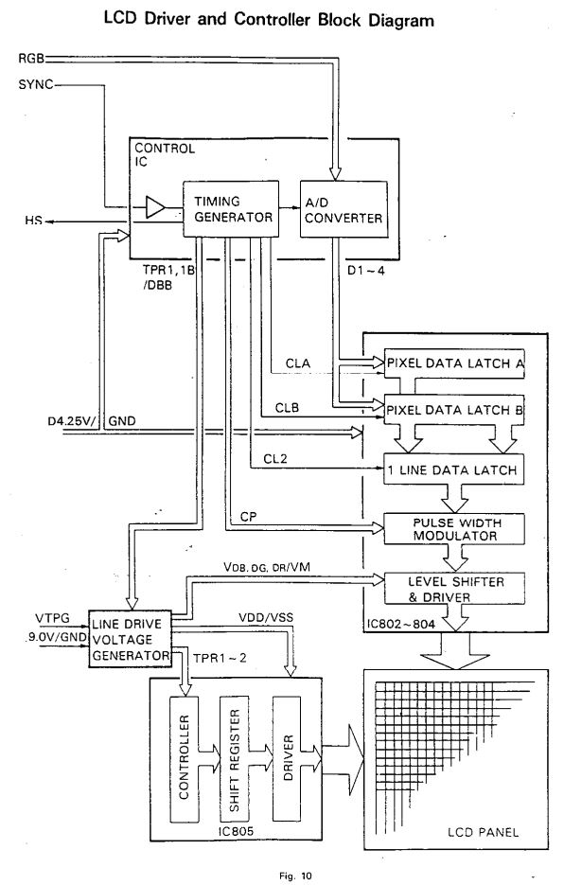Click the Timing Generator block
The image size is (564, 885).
[230, 209]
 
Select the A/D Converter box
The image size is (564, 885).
[344, 209]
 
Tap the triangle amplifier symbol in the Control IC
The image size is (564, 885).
[154, 207]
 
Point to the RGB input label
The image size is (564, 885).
[31, 58]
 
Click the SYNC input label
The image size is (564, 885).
[36, 84]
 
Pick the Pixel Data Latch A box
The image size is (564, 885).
[454, 363]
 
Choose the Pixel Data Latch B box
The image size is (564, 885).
[454, 410]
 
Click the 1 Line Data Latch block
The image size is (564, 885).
[454, 469]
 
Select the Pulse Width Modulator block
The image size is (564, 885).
[454, 529]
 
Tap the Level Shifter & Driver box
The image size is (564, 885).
[454, 589]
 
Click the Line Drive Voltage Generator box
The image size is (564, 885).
[130, 639]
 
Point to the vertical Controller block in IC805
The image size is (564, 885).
[184, 758]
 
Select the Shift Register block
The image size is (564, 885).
[235, 758]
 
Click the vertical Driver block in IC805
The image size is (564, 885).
[288, 758]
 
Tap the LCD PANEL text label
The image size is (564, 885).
[483, 832]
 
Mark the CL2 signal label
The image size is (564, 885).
[275, 459]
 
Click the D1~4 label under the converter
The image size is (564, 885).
[366, 271]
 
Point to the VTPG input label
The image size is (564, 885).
[52, 619]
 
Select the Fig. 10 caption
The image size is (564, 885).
[295, 876]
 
